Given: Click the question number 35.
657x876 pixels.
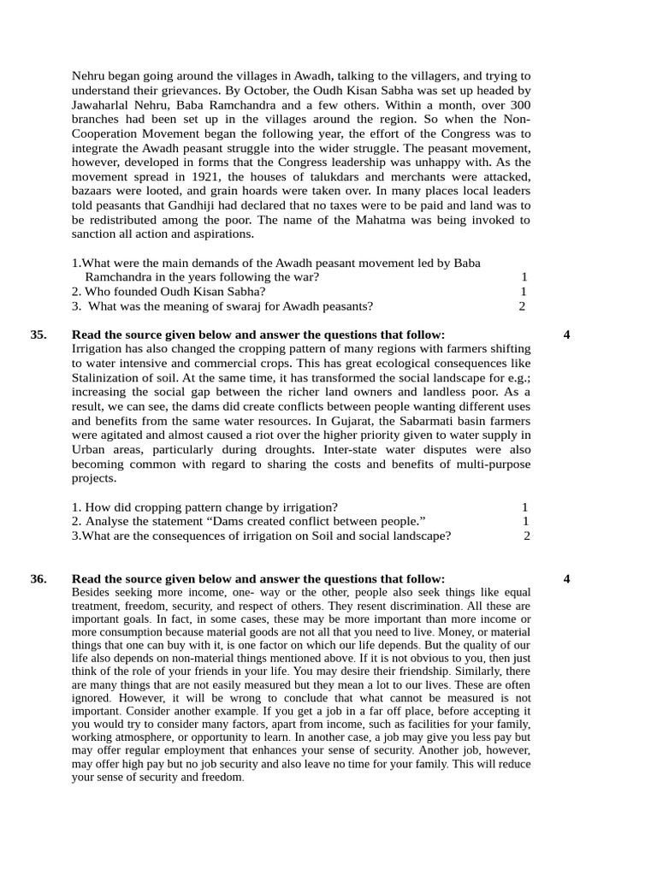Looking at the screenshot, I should pos(38,335).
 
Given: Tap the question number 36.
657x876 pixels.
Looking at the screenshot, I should pos(38,579).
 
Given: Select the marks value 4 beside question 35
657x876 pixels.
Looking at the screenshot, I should pos(567,335).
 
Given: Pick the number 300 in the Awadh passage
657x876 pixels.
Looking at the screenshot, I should pos(520,105).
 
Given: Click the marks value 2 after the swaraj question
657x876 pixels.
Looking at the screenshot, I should pos(522,306).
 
